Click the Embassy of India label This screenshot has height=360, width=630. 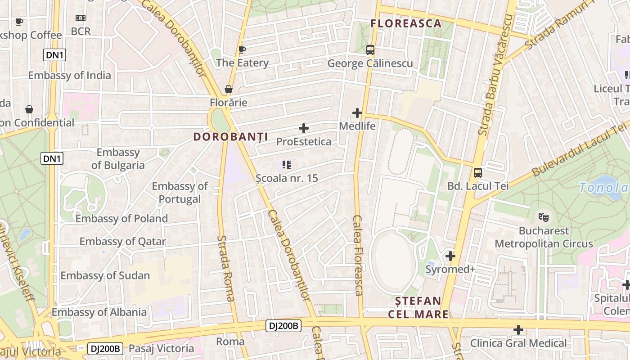point(69,75)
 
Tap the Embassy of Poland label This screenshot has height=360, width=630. point(121,219)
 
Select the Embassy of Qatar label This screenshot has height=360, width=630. point(122,242)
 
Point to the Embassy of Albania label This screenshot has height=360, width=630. point(99,312)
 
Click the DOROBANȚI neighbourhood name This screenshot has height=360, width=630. point(230,137)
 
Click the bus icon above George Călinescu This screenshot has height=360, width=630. point(370,50)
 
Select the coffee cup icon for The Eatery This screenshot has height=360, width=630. point(242,49)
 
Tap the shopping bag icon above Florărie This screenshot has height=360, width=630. point(229,89)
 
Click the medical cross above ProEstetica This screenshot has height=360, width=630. point(304,128)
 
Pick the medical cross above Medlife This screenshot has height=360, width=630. point(357,113)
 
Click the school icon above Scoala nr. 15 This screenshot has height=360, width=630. point(287,165)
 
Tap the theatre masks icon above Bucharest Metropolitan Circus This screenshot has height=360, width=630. point(544,217)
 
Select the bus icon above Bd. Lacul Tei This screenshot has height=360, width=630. point(477,172)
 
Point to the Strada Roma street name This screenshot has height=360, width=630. point(226,268)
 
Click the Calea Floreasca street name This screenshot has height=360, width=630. point(358,255)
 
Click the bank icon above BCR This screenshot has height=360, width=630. point(81,18)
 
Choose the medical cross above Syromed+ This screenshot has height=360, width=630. point(450,256)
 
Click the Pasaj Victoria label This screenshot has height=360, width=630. point(161,348)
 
